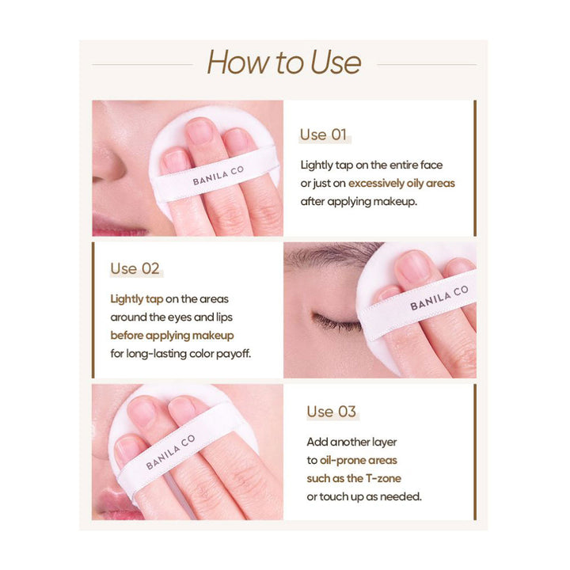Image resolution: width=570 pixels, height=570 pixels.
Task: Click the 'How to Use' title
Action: point(284,63)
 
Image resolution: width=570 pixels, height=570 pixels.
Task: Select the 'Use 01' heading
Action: point(323,135)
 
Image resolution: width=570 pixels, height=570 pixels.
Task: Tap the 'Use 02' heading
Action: point(135,269)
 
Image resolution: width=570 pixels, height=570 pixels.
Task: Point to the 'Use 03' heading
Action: point(331,412)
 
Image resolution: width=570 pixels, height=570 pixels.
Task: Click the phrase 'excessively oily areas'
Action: point(401,184)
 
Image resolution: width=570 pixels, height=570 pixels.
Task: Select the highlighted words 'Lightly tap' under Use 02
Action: point(137,299)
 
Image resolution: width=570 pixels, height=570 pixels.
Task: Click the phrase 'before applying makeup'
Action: point(172,336)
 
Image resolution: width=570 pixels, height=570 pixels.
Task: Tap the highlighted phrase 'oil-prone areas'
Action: point(359,460)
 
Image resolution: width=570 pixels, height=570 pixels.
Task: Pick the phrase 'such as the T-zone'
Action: point(354,478)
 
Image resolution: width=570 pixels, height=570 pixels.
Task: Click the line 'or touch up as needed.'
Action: point(364,496)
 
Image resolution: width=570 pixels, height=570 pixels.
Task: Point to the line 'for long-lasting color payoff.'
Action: point(180,354)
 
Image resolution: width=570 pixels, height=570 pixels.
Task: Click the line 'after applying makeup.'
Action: point(359,202)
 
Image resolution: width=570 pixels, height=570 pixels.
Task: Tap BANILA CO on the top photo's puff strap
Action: point(218,176)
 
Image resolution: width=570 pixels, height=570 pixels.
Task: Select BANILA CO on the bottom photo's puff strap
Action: point(170,451)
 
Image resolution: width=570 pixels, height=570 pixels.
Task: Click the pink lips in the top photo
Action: point(116,225)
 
